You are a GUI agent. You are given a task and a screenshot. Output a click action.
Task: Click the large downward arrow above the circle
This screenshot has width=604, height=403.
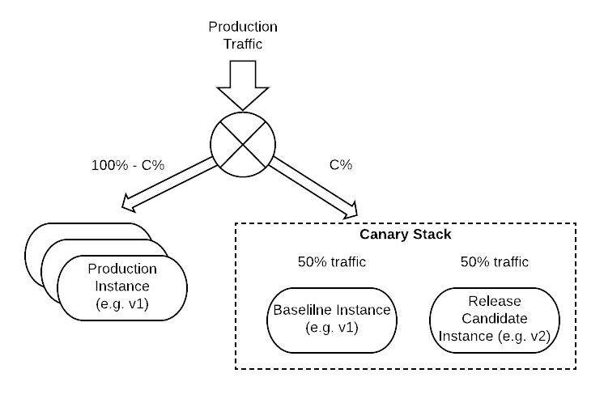pos(242,83)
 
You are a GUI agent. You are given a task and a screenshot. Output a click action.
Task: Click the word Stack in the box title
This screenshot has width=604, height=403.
pos(429,235)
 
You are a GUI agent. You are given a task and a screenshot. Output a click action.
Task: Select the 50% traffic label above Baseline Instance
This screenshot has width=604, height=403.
pos(332,262)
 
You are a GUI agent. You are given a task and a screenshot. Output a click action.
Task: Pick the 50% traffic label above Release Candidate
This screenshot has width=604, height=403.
pos(494,262)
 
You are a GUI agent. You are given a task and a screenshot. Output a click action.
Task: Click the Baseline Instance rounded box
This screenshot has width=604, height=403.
pos(332,319)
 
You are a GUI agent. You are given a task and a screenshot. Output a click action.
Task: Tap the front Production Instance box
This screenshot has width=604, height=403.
pos(122,286)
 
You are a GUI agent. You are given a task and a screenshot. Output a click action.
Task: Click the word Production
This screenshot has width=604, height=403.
pos(122,269)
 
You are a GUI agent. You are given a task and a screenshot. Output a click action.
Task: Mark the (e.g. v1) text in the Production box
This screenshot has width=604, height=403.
pos(122,304)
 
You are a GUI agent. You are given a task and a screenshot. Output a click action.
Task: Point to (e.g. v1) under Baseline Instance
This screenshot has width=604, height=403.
pos(332,328)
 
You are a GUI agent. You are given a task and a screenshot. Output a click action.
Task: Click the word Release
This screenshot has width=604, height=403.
pos(494,302)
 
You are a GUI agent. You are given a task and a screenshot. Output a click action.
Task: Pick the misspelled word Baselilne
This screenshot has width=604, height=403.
pos(308,311)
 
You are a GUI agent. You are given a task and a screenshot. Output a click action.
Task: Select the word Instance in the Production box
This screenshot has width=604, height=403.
pos(122,286)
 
